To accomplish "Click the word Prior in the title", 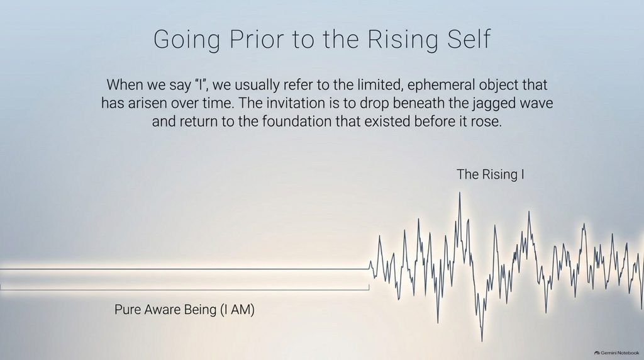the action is pos(257,39).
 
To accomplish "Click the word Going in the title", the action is pos(187,40).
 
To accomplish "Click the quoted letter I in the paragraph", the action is pos(199,85).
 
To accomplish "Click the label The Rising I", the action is pos(490,175).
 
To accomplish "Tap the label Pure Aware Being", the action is pos(165,310).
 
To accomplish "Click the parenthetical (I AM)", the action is pos(237,310).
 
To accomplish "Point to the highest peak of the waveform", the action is pos(460,193).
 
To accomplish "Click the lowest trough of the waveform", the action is pos(482,340).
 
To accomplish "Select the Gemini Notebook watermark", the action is pos(616,352).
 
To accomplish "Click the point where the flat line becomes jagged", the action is pos(369,269).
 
